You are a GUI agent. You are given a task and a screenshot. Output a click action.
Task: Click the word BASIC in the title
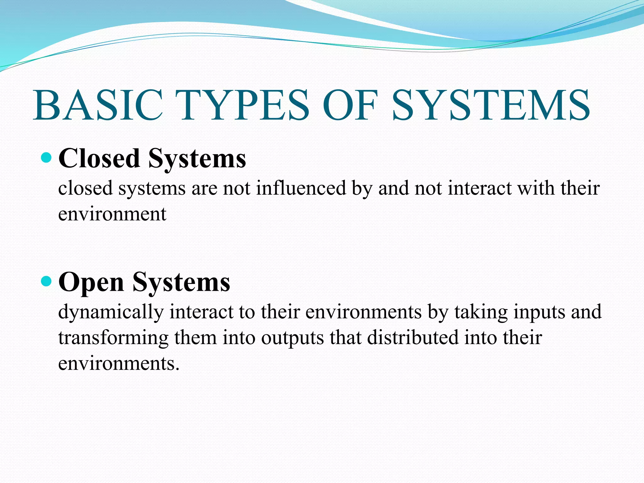pos(98,105)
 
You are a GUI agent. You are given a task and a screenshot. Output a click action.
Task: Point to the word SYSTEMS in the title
pos(491,105)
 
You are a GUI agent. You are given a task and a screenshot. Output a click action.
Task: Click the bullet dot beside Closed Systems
pos(46,157)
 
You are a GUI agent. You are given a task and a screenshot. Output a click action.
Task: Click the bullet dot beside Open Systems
pos(46,281)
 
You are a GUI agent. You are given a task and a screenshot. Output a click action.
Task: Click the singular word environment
pos(112,214)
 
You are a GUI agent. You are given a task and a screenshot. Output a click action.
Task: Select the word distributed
pos(413,338)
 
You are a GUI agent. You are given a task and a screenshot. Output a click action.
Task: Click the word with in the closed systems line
pos(536,188)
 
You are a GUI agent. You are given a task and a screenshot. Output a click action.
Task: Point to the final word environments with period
pos(119,364)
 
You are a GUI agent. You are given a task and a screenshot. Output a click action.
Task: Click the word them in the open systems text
pos(195,338)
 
